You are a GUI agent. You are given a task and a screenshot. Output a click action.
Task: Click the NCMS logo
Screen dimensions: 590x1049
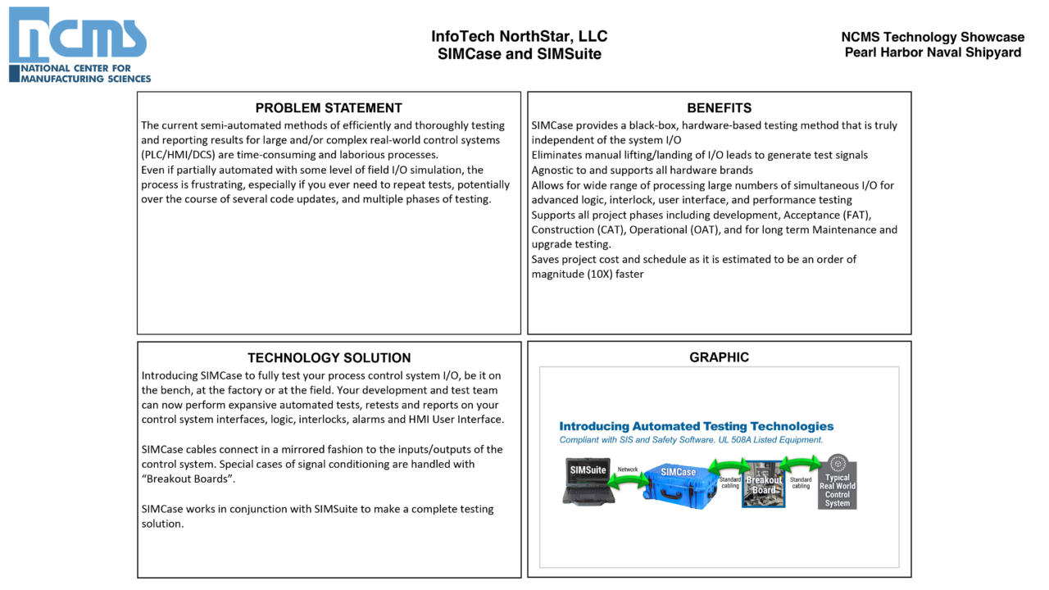coord(79,44)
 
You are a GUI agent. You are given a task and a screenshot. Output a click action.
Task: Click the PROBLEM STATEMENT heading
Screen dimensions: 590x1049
coord(329,108)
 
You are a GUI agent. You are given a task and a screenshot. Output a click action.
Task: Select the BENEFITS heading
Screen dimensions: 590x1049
coord(719,108)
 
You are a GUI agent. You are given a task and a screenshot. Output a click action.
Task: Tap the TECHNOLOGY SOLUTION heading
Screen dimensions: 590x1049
coord(329,358)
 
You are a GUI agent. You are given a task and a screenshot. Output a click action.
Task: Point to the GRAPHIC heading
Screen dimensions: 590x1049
coord(719,357)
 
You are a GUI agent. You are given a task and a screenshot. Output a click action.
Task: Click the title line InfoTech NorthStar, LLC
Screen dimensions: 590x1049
coord(519,37)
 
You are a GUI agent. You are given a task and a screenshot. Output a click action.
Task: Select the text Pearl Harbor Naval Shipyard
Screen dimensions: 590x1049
coord(933,52)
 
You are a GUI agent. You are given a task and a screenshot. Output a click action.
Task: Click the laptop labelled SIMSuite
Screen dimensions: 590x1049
coord(588,483)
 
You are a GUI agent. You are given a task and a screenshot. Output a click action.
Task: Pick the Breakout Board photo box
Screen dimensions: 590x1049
coord(763,484)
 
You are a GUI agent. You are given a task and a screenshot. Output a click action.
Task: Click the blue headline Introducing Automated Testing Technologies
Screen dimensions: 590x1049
coord(696,426)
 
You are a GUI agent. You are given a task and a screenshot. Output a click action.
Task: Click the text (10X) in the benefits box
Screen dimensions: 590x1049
coord(600,275)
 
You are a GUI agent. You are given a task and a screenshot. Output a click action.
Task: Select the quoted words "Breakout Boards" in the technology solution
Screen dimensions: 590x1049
coord(188,479)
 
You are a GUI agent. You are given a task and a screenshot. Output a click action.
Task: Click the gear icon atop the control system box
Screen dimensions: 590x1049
coord(837,463)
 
